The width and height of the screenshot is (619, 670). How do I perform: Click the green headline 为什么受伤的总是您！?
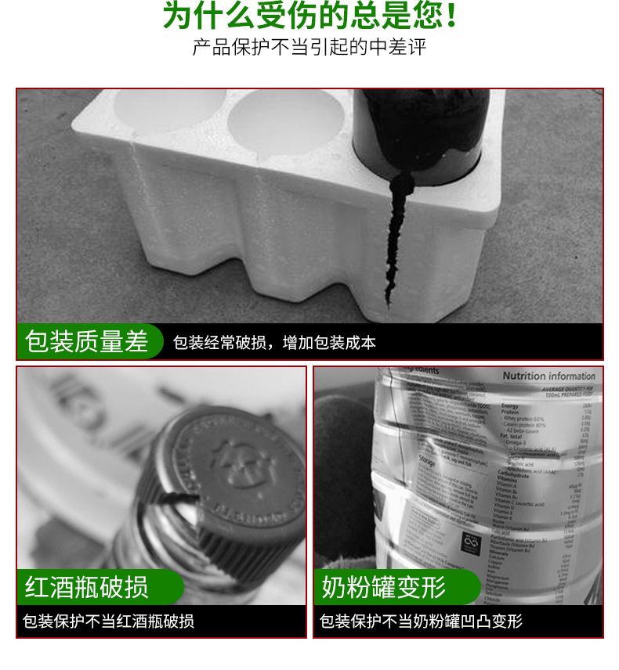click(x=309, y=17)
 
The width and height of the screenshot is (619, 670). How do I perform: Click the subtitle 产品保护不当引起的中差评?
click(x=309, y=47)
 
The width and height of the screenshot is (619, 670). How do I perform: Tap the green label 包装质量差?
click(x=87, y=342)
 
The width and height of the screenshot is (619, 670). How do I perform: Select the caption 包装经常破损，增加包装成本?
click(x=274, y=343)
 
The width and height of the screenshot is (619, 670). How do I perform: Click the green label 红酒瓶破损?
click(x=87, y=587)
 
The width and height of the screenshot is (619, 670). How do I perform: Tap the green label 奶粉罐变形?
click(x=384, y=587)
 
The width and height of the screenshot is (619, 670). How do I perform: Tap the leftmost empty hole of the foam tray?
click(x=168, y=110)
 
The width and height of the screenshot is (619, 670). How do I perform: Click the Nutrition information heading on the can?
click(x=548, y=376)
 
